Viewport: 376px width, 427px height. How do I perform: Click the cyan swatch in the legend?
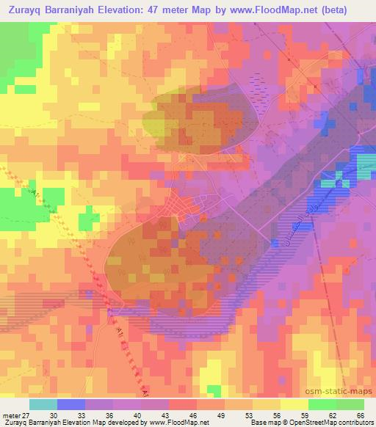(x=43, y=404)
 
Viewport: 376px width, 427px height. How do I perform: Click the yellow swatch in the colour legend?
(x=294, y=404)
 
